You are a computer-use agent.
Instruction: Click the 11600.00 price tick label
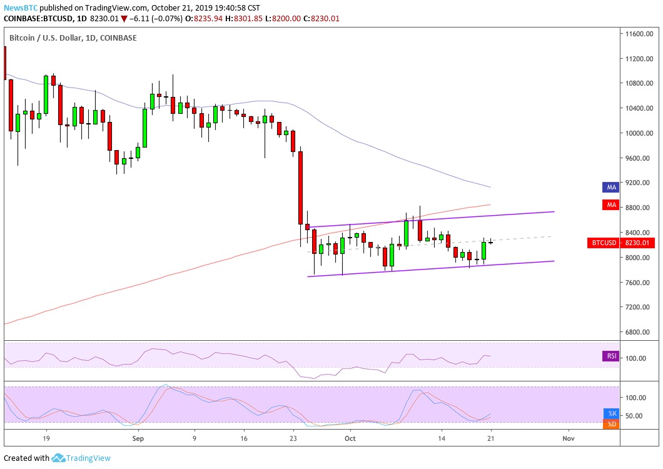pos(638,34)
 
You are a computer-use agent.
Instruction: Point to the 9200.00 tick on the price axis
pos(638,183)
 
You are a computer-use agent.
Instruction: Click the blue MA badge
pos(610,187)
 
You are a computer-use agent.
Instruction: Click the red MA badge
pos(610,204)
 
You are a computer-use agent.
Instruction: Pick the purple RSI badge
pos(611,356)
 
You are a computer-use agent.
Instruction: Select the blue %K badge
pos(612,413)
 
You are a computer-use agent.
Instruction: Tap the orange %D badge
pos(612,425)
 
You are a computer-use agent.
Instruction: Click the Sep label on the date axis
pos(138,440)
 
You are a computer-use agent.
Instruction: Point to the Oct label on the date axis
pos(350,440)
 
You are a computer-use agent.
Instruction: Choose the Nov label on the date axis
pos(568,440)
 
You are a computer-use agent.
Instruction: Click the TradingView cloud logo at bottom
pos(59,458)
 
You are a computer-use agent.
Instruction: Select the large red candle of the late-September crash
pos(300,188)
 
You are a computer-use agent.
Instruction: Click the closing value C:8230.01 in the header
pos(320,19)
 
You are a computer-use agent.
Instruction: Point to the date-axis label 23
pos(293,440)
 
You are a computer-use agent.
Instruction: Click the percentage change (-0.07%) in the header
pos(166,19)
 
